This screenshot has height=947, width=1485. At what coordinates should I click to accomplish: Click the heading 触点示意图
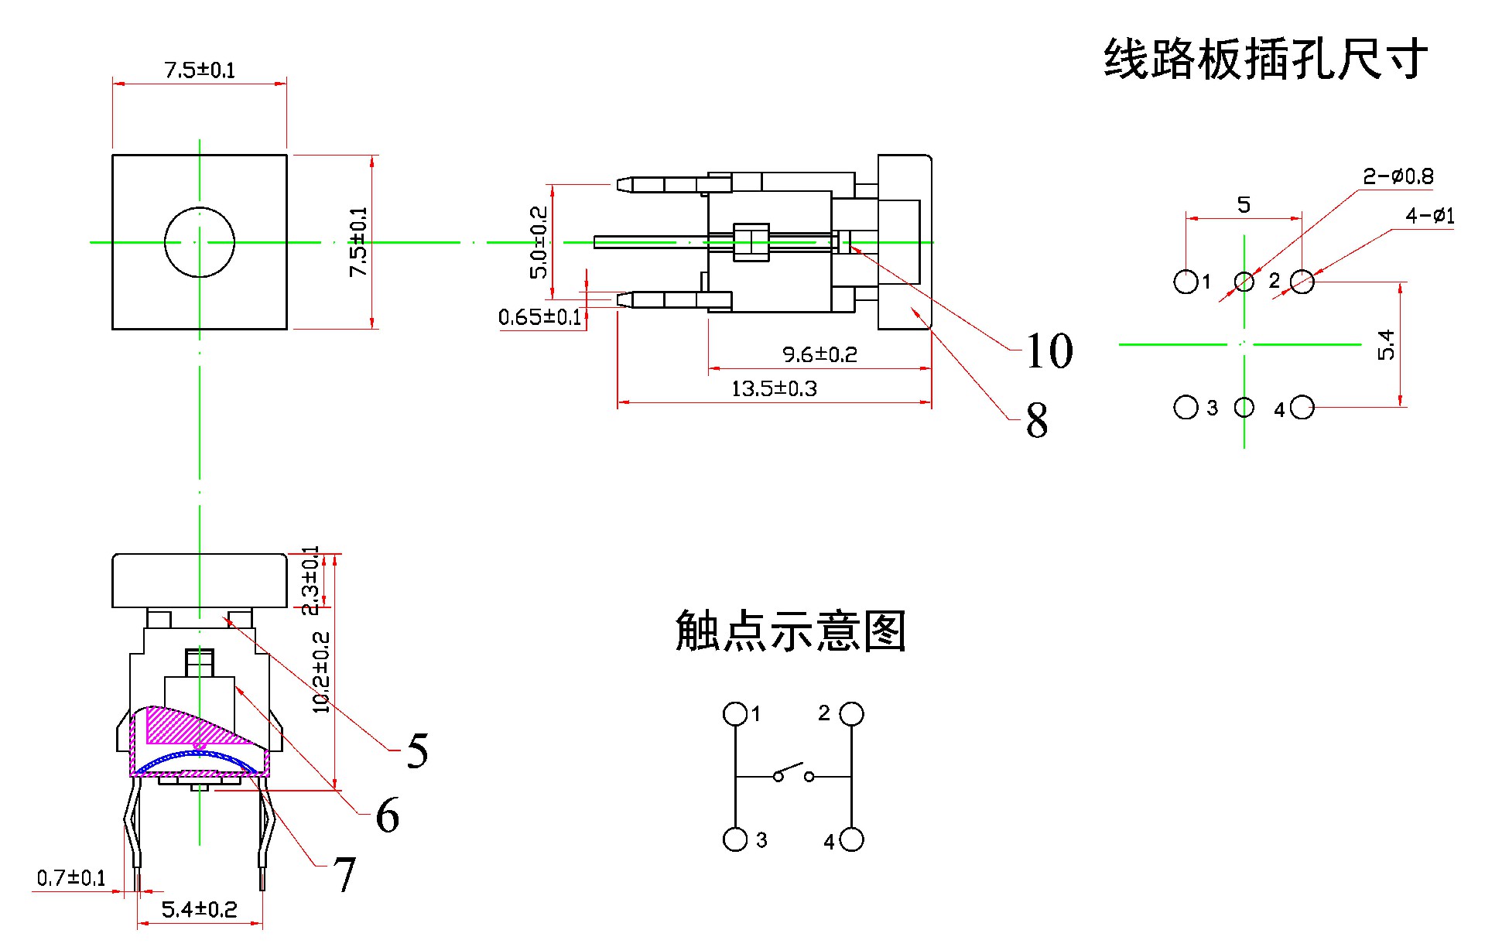pyautogui.click(x=790, y=631)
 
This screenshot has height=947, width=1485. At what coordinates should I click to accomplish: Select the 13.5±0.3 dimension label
pyautogui.click(x=774, y=388)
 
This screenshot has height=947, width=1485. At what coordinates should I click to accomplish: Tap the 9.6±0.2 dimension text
pyautogui.click(x=819, y=354)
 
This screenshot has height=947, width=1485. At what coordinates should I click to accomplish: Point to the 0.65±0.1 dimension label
pyautogui.click(x=539, y=317)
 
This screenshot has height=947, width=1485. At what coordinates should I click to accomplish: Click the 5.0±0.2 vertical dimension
pyautogui.click(x=539, y=242)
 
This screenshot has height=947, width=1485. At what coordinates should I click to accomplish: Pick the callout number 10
pyautogui.click(x=1049, y=351)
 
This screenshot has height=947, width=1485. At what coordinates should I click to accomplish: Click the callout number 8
pyautogui.click(x=1037, y=422)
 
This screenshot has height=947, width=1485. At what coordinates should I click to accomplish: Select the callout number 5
pyautogui.click(x=417, y=751)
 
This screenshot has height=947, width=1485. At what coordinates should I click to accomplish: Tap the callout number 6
pyautogui.click(x=387, y=815)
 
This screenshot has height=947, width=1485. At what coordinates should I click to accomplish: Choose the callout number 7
pyautogui.click(x=344, y=875)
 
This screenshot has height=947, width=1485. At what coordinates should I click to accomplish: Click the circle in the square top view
pyautogui.click(x=200, y=242)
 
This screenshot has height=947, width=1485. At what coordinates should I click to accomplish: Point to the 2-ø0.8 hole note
pyautogui.click(x=1398, y=176)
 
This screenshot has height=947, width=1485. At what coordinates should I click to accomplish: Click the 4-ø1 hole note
pyautogui.click(x=1429, y=216)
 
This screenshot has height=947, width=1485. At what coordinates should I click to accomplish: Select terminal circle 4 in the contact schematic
pyautogui.click(x=851, y=839)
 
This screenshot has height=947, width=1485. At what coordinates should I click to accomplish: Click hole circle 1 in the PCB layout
pyautogui.click(x=1186, y=282)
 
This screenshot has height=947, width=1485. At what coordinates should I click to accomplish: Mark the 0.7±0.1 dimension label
pyautogui.click(x=71, y=878)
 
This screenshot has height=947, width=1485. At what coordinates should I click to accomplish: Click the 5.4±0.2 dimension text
pyautogui.click(x=199, y=910)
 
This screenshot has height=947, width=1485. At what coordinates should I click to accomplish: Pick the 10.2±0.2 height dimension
pyautogui.click(x=321, y=672)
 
